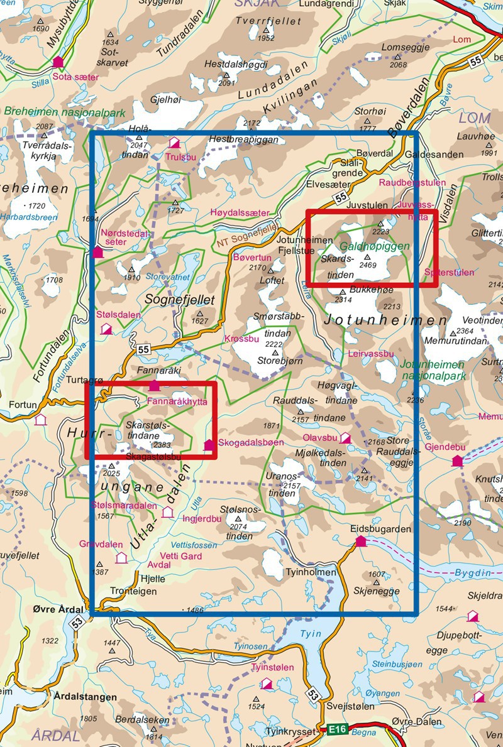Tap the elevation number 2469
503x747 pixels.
pos(367,265)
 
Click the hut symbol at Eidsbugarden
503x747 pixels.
pos(360,542)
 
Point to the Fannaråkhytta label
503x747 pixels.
pos(177,400)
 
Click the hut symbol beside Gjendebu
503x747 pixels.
pos(457,461)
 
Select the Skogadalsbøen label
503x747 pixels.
pos(246,442)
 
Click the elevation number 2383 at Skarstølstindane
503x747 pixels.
pos(162,445)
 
